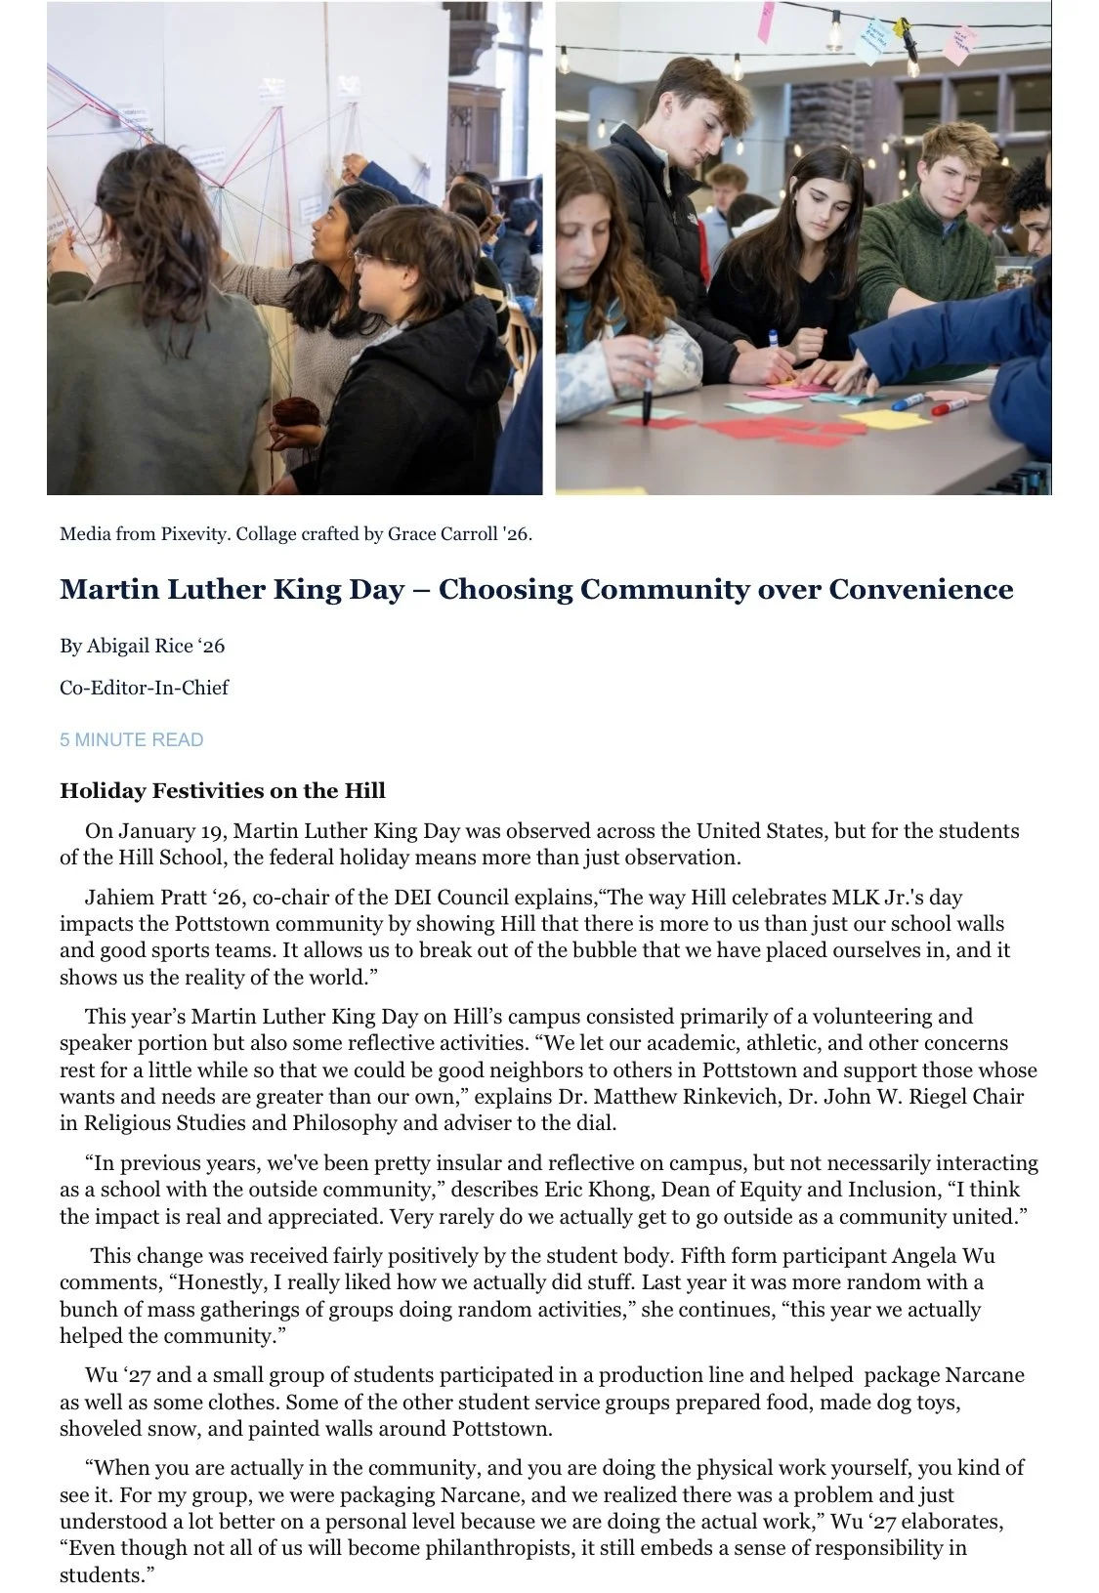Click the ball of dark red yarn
click(x=292, y=414)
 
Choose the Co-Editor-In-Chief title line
click(x=144, y=688)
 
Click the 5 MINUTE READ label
click(x=131, y=739)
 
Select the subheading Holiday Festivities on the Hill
click(x=222, y=790)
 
